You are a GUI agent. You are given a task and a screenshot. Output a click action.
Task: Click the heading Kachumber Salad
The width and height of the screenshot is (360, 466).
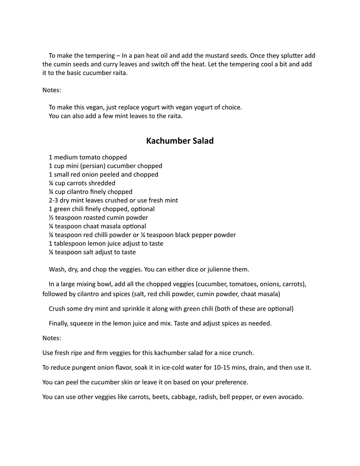coord(180,141)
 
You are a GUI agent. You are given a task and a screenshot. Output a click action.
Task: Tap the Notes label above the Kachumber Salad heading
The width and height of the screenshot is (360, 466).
coord(52,90)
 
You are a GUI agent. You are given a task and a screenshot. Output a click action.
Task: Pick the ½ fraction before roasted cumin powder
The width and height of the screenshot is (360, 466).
coord(51,217)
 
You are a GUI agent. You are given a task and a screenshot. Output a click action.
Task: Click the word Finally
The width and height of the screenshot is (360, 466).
coord(61,323)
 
